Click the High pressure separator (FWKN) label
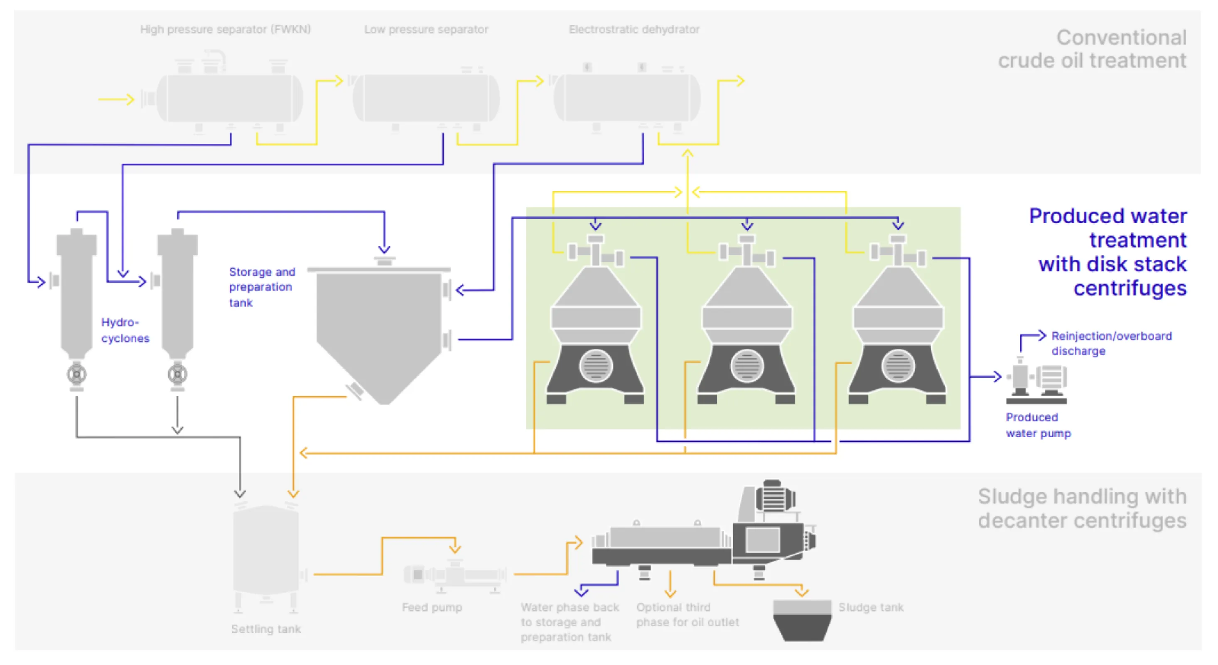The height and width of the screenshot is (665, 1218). pos(225,30)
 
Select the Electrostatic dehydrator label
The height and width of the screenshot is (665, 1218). pos(634,30)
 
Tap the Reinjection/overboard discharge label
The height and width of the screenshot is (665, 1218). pos(1111,343)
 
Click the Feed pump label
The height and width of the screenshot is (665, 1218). pos(432,607)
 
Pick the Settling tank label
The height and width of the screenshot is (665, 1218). pos(266,629)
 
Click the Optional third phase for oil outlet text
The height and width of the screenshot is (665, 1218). pos(687,614)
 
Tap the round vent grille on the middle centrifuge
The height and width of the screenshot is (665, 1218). pos(747,366)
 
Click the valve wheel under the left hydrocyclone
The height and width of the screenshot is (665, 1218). pos(76,374)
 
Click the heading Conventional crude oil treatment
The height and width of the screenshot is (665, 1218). pos(1092,49)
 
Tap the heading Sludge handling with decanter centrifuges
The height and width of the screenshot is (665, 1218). pos(1082,508)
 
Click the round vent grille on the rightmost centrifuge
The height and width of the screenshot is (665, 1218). pos(897,366)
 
